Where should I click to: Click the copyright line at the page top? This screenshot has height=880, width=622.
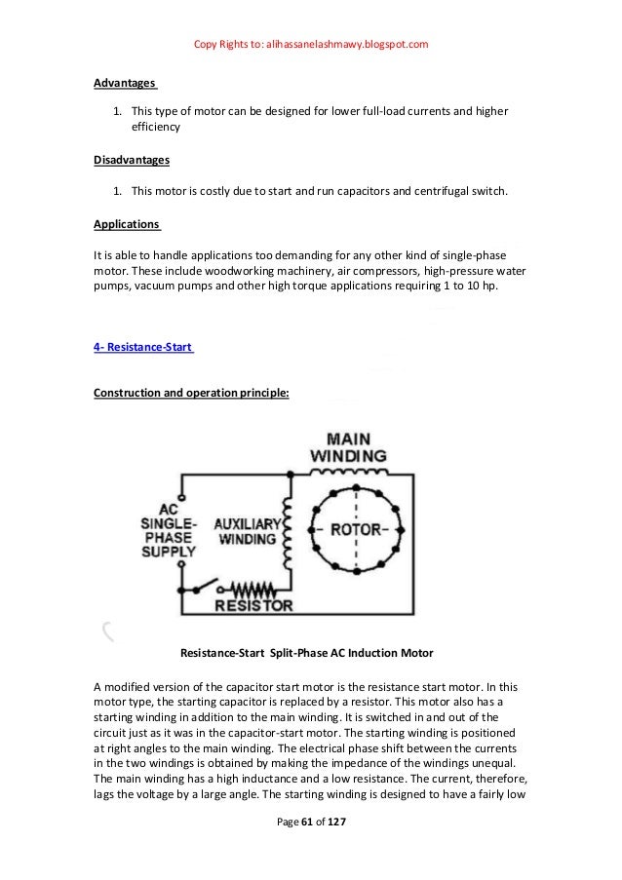coord(311,45)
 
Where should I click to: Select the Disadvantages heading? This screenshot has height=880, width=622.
coord(132,159)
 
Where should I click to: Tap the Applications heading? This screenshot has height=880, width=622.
coord(127,224)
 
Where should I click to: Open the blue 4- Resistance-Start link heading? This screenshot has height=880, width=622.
coord(143,347)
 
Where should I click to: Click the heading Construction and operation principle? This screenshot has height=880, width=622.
coord(190,394)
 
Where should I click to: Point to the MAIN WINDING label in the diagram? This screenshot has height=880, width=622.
coord(348,447)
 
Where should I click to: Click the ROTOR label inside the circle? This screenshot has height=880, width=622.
coord(355,530)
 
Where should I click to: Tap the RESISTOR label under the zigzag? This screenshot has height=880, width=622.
coord(253,605)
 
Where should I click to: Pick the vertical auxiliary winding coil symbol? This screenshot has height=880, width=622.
coord(287,531)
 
